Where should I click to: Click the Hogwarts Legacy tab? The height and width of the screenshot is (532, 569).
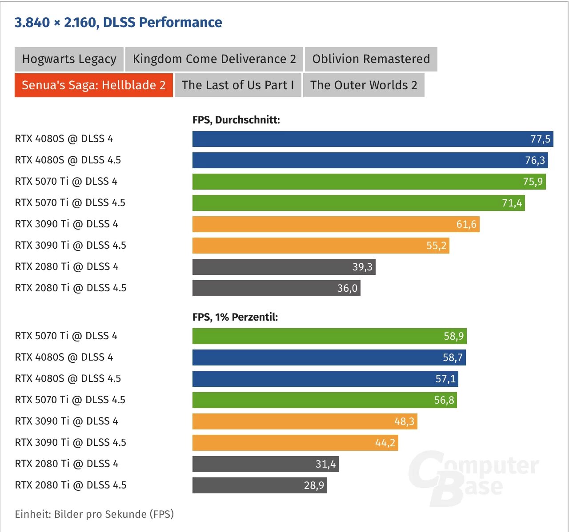(x=69, y=59)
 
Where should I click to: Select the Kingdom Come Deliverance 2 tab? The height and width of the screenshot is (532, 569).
(x=214, y=59)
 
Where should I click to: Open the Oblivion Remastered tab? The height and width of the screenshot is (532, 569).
(x=371, y=59)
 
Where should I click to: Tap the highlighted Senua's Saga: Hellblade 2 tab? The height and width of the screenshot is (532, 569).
(x=93, y=85)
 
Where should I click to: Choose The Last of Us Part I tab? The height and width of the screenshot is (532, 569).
(x=238, y=85)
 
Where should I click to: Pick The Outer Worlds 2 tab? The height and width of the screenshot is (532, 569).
(x=364, y=85)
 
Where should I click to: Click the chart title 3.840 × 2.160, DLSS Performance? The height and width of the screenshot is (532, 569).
(x=118, y=22)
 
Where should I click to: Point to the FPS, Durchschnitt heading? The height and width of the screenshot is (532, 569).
(x=236, y=120)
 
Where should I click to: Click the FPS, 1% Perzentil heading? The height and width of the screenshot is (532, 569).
(x=235, y=317)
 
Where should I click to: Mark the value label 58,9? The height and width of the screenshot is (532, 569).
(x=453, y=336)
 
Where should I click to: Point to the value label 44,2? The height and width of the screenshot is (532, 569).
(x=385, y=443)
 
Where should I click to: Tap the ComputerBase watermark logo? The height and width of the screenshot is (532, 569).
(x=473, y=477)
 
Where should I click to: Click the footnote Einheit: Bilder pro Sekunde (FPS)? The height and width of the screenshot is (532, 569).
(x=94, y=514)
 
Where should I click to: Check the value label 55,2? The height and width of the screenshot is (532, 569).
(x=436, y=246)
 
